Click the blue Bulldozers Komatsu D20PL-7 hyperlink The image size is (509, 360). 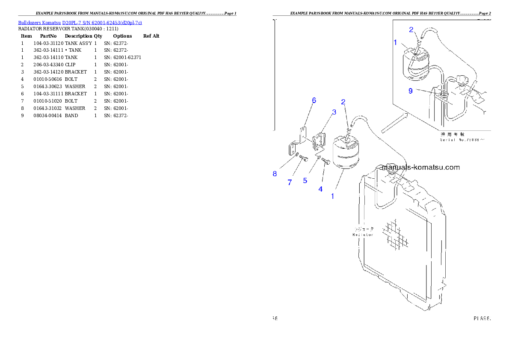tap(80, 23)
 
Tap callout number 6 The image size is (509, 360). tap(314, 100)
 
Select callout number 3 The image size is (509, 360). tap(334, 112)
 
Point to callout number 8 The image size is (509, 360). tap(275, 174)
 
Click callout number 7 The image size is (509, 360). tap(290, 182)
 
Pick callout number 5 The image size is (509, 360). tap(305, 180)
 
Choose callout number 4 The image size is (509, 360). tap(320, 189)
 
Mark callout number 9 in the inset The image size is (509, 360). tap(411, 91)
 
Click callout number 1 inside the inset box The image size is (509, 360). tap(396, 43)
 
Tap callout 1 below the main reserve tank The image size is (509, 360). tap(332, 196)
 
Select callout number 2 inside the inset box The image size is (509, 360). tap(411, 30)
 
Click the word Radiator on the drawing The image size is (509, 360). tap(363, 235)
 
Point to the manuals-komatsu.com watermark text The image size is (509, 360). tap(420, 167)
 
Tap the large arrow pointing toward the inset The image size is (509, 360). tap(392, 124)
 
